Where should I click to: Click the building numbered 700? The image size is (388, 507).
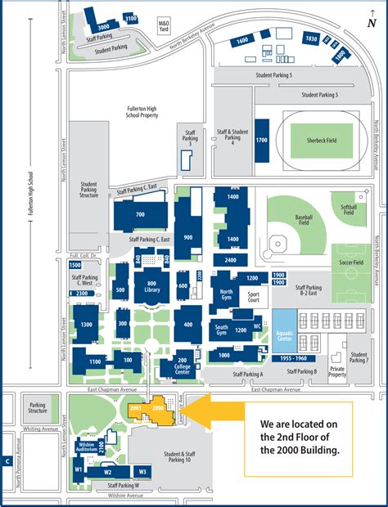[140, 214]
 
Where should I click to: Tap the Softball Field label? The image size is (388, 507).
[350, 210]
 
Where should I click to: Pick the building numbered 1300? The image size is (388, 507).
[87, 324]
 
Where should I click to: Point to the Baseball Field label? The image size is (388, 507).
[304, 220]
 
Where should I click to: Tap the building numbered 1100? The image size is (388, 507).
[96, 361]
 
